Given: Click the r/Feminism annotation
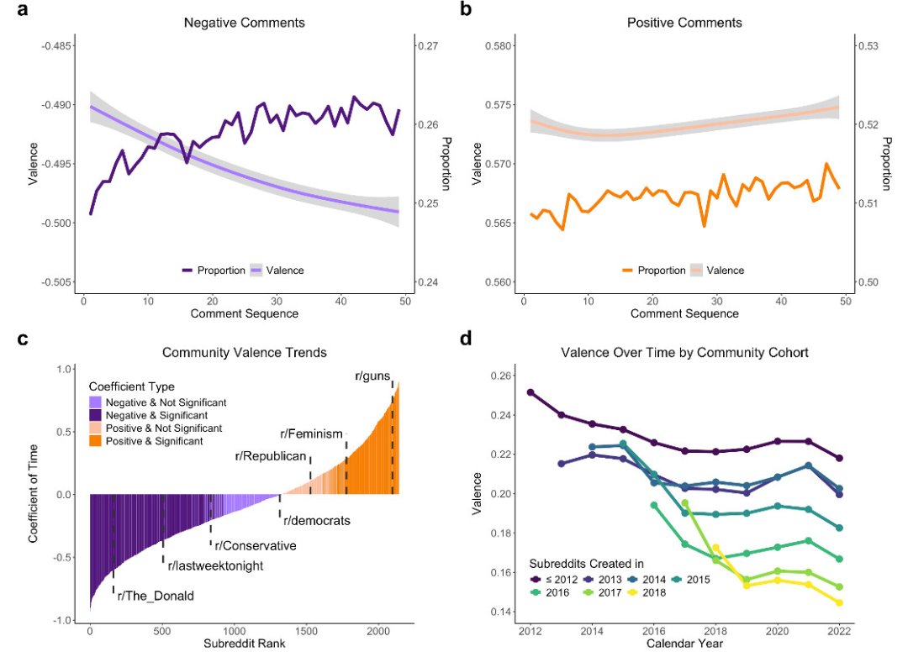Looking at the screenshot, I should [x=312, y=434].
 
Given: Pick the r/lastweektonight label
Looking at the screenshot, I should [x=215, y=565].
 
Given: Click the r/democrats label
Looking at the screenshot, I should [x=316, y=520].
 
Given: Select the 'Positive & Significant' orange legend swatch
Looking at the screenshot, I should [x=96, y=441].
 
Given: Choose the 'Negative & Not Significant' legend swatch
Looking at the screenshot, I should [x=96, y=402].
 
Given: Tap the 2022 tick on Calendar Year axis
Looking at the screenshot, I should [x=838, y=630].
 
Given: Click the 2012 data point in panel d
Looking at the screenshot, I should [x=531, y=392].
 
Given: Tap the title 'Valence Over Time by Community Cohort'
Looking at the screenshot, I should [x=684, y=353].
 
